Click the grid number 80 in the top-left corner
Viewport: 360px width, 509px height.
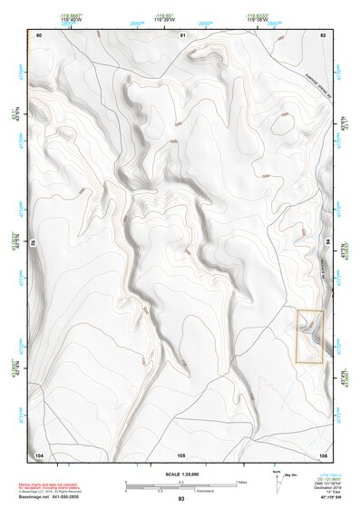(39, 34)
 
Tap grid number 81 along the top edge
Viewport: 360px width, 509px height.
(181, 34)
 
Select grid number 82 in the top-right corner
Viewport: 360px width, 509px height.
(323, 34)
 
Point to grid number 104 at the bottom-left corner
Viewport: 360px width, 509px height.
(39, 454)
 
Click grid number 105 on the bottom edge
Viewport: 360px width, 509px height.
(181, 454)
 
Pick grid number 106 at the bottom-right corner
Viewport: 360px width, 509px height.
(323, 454)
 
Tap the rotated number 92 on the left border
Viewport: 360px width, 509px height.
(34, 243)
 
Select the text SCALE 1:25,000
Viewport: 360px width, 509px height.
(180, 475)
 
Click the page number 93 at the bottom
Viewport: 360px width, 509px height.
(181, 499)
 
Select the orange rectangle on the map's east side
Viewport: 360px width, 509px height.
(309, 337)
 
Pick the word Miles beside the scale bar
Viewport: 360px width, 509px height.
(240, 481)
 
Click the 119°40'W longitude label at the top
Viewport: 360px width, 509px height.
(69, 19)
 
